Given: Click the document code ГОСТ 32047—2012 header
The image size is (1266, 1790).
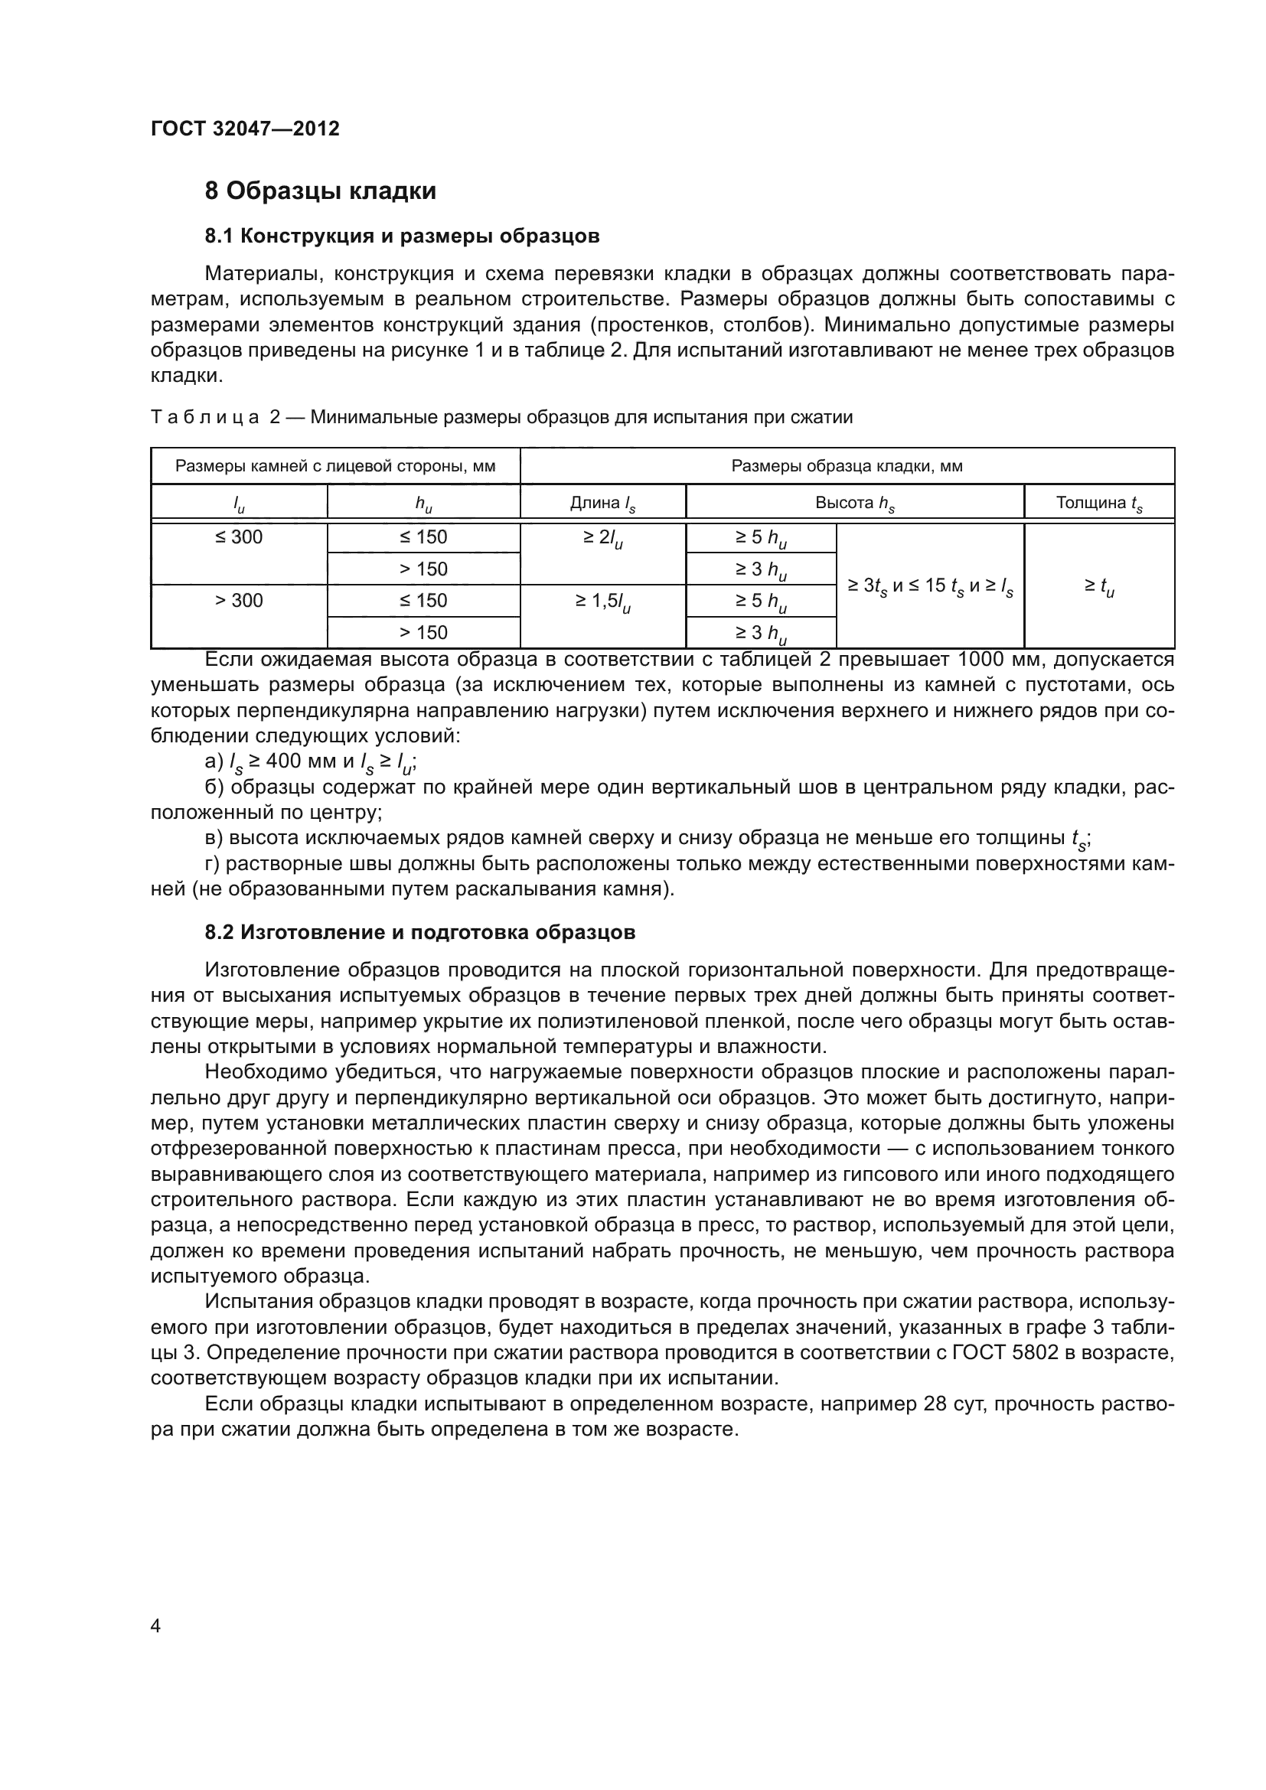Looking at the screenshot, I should [245, 129].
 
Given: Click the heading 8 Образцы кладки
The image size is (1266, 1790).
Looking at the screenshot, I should [321, 191].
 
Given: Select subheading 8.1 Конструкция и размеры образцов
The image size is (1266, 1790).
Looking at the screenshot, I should [402, 236].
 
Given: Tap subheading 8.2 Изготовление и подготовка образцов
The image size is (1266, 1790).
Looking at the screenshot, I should [420, 932].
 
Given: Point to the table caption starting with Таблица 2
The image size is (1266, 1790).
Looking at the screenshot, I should [501, 417].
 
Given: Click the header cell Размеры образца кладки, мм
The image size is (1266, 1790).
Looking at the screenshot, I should [847, 466].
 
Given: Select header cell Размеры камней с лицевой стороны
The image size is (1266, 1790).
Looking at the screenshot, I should [335, 466].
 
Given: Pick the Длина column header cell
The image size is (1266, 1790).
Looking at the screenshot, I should [602, 503].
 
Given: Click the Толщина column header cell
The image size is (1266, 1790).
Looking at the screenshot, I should [1098, 503].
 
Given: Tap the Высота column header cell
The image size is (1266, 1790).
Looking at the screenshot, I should [854, 503].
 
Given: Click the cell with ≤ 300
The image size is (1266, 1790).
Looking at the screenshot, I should [240, 537].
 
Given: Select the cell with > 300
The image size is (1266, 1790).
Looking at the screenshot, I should [240, 600].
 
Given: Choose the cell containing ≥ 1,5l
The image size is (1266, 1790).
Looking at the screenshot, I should [602, 601].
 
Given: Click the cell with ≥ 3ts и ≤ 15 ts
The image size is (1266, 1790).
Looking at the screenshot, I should [930, 586].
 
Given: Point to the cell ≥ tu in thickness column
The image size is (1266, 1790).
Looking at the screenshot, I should [1098, 586].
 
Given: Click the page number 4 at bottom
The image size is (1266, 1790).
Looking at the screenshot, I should [156, 1625].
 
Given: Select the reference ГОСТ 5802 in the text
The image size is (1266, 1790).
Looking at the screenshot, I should [1005, 1352].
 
